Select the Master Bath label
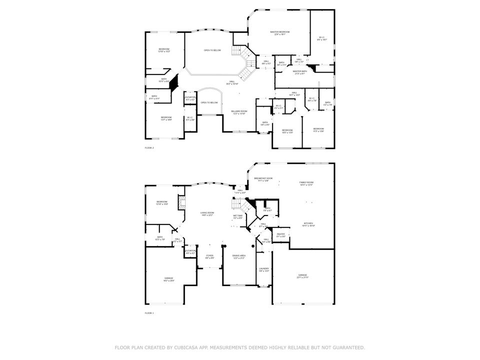tap(300, 72)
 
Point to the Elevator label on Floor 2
tap(190, 98)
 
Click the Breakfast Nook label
tap(263, 179)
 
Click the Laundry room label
tap(264, 269)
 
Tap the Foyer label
tap(209, 256)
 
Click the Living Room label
tap(207, 214)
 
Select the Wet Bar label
tap(237, 216)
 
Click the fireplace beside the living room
tap(182, 203)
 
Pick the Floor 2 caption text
tap(149, 148)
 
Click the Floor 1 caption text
tap(149, 313)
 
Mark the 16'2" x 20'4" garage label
tap(168, 280)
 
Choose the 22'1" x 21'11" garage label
tap(303, 276)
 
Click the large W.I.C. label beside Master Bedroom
tap(322, 38)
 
